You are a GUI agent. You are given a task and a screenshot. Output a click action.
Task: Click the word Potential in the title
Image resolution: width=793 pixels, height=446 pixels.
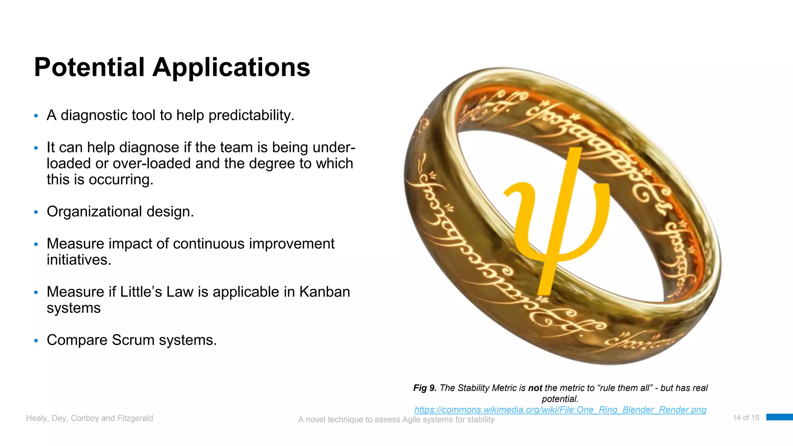[x=89, y=67]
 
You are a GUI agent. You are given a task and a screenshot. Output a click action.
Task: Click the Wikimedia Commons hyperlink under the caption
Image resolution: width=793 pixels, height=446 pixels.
[x=560, y=410]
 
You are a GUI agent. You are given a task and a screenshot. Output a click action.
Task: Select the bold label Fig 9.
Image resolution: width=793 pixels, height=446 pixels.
[x=425, y=388]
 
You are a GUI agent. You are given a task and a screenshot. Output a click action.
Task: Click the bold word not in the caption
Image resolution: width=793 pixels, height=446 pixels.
[x=535, y=388]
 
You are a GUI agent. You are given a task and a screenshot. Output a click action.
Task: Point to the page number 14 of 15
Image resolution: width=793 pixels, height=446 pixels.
[x=746, y=418]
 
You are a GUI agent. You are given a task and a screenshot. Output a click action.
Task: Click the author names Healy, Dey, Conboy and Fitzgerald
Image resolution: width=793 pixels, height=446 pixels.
[x=89, y=418]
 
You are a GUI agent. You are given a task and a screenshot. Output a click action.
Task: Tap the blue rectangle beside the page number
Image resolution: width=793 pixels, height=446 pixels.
[x=779, y=417]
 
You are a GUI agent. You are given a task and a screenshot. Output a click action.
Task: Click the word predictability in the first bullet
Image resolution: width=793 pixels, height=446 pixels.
[x=251, y=115]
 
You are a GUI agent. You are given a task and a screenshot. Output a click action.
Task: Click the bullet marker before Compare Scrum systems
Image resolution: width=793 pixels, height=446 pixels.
[x=36, y=341]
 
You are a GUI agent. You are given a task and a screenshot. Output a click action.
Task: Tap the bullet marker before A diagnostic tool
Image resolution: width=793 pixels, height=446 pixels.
[x=36, y=116]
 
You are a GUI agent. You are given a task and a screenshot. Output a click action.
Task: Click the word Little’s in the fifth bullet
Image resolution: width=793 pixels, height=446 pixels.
[x=141, y=292]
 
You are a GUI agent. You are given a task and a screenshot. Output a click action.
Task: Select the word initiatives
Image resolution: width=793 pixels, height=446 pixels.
[x=79, y=260]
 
